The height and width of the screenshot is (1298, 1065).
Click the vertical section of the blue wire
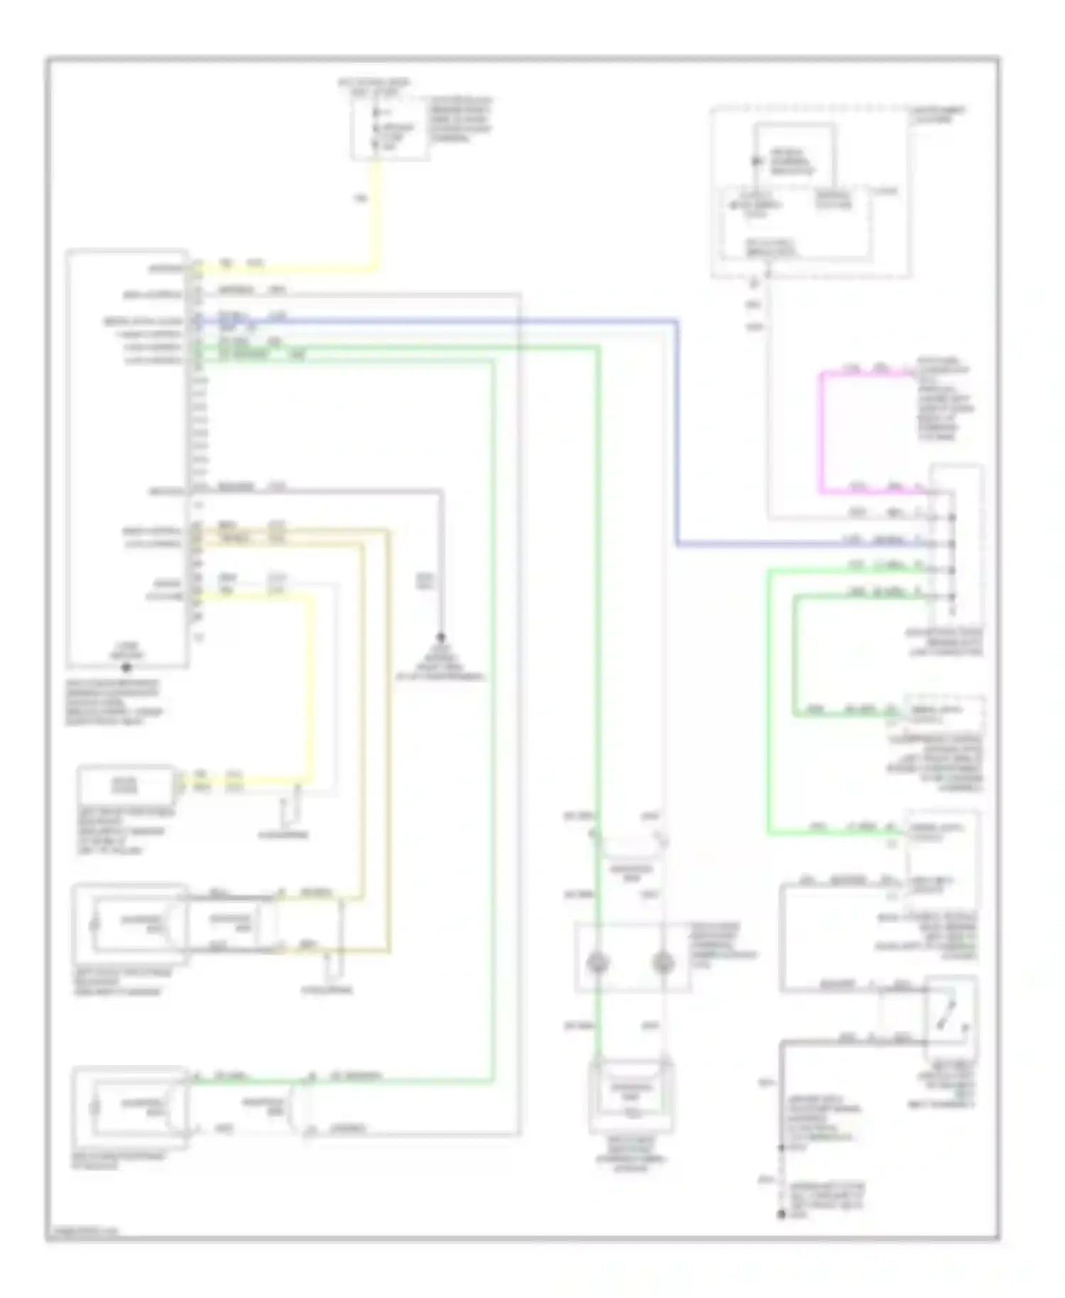(677, 433)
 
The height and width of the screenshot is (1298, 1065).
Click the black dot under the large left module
(126, 667)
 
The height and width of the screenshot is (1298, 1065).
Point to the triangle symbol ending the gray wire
(440, 648)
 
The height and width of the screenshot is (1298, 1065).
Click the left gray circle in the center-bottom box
(598, 963)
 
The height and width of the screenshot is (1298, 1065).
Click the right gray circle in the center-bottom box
(662, 963)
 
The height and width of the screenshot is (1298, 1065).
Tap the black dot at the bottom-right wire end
(781, 1216)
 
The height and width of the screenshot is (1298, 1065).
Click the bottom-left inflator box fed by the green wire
(131, 1106)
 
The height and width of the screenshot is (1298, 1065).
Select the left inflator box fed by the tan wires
(131, 923)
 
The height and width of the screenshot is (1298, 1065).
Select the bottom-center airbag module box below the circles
(630, 1090)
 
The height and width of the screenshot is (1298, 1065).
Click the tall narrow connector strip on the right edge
(956, 543)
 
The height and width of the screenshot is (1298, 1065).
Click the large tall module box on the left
(128, 458)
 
